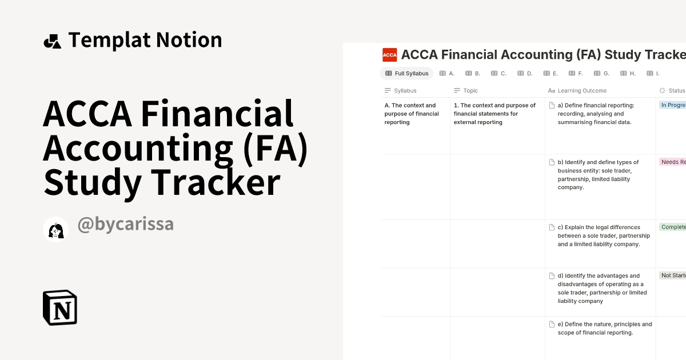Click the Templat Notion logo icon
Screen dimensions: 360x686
(52, 41)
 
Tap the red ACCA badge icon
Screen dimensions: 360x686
(390, 55)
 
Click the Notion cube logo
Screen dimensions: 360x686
(59, 307)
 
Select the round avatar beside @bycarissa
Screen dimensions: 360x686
(55, 229)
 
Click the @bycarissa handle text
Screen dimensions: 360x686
(125, 225)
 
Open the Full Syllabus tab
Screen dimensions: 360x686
(406, 73)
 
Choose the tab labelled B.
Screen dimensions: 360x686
(473, 73)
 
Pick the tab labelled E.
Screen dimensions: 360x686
(551, 73)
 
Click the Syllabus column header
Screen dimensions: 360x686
(405, 90)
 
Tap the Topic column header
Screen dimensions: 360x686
(470, 90)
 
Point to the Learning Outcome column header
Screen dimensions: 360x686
(581, 90)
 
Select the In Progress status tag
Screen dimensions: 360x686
(673, 105)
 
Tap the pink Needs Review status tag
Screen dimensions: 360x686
(673, 162)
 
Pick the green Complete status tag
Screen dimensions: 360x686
(673, 227)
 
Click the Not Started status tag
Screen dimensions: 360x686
(673, 275)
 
